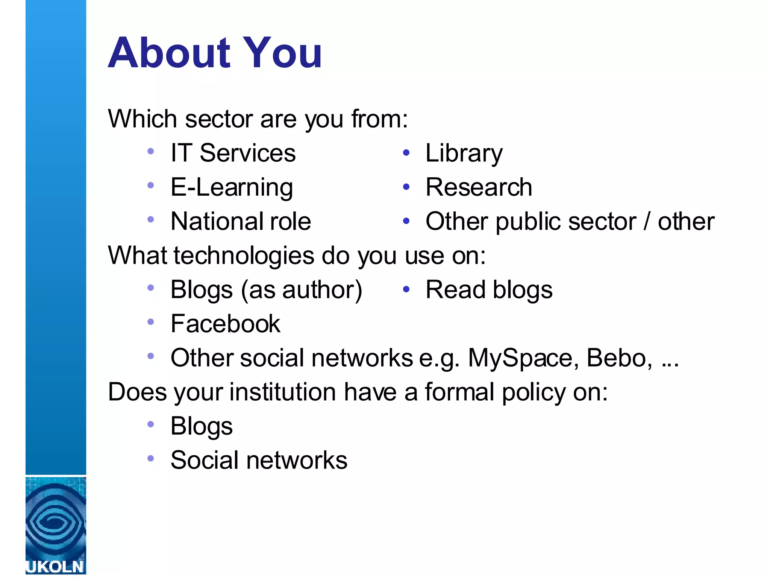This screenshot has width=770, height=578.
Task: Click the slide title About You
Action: (215, 53)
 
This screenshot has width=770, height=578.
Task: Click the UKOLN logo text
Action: (55, 567)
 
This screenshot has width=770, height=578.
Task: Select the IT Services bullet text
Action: (233, 153)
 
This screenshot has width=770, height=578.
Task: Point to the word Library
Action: (464, 154)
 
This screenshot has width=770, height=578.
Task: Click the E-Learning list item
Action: (232, 187)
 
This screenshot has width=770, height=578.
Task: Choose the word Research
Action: (479, 187)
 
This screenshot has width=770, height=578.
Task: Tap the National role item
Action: (241, 221)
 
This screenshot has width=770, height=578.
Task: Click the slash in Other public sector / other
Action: (647, 221)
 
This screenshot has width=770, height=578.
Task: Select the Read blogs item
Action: (489, 290)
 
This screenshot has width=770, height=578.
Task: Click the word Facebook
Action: (225, 324)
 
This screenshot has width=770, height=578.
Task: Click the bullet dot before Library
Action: (406, 153)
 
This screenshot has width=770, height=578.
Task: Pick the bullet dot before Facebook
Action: (151, 322)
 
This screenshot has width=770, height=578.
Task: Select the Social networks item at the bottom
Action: (259, 460)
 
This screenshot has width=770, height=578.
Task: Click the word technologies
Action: (244, 256)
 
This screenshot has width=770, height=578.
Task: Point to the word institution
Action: (282, 392)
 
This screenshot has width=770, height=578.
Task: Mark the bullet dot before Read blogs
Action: (406, 289)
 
